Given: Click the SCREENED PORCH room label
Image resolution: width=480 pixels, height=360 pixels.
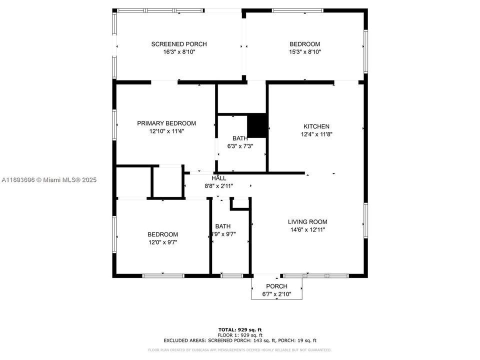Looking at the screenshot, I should point(179,44).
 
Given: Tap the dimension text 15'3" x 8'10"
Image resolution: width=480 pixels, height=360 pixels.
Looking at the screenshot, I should point(305,51).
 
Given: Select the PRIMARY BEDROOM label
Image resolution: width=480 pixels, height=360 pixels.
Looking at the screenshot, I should point(166,123).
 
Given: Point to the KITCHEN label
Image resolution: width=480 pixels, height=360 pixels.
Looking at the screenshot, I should point(316,126).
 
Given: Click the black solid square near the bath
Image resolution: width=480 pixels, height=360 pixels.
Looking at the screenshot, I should point(258,125).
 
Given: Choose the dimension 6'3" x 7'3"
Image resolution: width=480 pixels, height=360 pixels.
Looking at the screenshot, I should point(240,146).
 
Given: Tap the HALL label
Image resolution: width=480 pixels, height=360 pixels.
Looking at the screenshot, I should point(218,178).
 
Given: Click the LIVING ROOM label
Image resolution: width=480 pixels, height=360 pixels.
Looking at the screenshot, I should point(307,222).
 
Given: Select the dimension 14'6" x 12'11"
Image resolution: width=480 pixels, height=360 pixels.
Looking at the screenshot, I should point(307,229).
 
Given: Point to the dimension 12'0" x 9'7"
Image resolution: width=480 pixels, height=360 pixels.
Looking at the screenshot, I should point(162,242).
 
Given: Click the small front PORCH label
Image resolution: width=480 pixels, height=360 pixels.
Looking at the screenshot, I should point(276,286).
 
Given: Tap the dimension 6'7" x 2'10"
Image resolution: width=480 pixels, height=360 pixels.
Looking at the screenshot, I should point(276,294).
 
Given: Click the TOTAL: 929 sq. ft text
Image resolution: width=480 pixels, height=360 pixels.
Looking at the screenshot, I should point(240,329).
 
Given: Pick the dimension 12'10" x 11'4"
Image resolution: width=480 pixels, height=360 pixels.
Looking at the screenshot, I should point(166,131).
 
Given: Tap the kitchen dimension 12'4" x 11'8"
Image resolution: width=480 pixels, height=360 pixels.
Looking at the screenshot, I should point(316,134).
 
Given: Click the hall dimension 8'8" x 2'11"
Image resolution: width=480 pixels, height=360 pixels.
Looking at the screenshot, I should point(218,185).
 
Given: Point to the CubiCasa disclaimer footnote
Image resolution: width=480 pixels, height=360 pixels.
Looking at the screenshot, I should point(240,350).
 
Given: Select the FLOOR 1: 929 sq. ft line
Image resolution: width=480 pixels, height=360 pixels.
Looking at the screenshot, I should point(240,334).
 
